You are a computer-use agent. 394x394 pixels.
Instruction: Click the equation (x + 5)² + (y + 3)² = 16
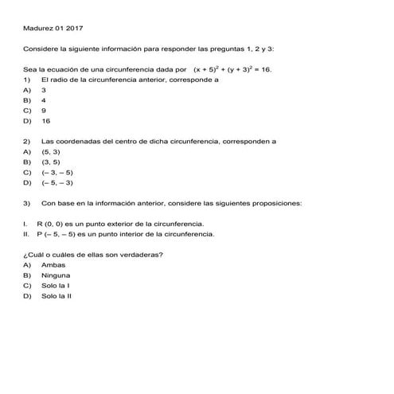tap(232, 69)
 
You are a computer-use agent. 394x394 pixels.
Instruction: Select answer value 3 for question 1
tap(44, 91)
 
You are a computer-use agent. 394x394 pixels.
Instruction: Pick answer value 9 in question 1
tap(44, 111)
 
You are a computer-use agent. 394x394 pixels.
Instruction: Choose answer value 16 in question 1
tap(45, 122)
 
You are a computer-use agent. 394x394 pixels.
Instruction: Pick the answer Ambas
tap(53, 264)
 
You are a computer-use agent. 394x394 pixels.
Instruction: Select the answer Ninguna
tap(56, 275)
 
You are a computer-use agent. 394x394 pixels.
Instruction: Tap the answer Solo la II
tap(57, 295)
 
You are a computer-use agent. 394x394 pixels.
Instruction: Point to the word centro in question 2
tap(132, 141)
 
